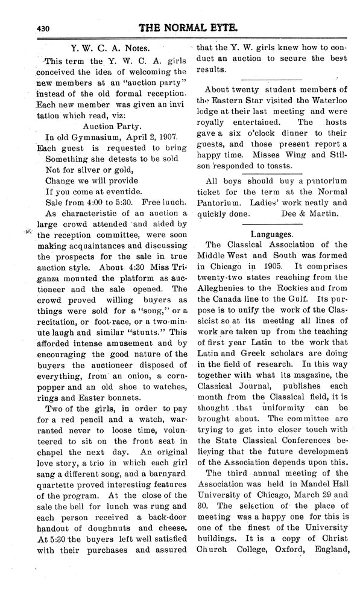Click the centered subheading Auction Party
tap(110, 127)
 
